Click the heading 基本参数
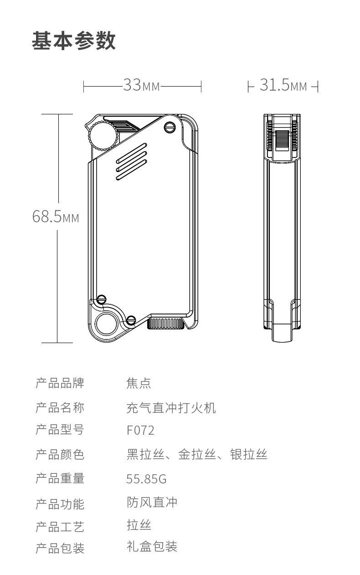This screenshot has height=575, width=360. tap(74, 41)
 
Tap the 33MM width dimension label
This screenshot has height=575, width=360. tap(142, 85)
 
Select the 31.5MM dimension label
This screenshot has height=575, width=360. tap(283, 85)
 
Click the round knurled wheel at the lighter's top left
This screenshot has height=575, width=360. tap(102, 135)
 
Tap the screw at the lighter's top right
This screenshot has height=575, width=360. tap(170, 127)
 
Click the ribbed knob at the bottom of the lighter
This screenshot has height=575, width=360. tap(165, 323)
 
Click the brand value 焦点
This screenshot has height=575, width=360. tap(139, 383)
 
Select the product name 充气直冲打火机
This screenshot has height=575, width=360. tap(171, 407)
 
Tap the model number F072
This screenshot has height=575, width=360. tap(140, 430)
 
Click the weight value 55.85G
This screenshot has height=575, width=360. tap(146, 479)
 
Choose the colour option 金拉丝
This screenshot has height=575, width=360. tap(196, 454)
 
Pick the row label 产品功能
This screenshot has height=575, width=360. tap(60, 504)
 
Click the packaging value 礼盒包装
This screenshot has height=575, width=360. tap(152, 546)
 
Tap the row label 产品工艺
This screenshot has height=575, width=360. tap(60, 527)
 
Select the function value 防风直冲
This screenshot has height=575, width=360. tap(152, 503)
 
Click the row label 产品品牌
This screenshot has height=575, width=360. tap(60, 383)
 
